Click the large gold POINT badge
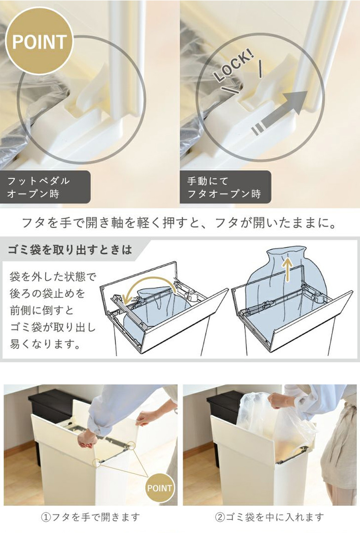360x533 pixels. coord(39,42)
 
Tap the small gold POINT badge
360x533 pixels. coord(159,489)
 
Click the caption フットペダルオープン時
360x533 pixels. coord(38,187)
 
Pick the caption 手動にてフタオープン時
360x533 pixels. coord(224,187)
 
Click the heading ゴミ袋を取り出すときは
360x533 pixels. coord(70,250)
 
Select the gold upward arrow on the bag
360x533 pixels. coord(288,269)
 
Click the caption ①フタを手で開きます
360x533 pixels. coord(90,517)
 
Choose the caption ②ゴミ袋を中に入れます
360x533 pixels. coord(269,517)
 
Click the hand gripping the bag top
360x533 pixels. coord(277,402)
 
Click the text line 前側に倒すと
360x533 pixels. coord(42,310)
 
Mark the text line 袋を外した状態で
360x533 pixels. coord(53,277)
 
